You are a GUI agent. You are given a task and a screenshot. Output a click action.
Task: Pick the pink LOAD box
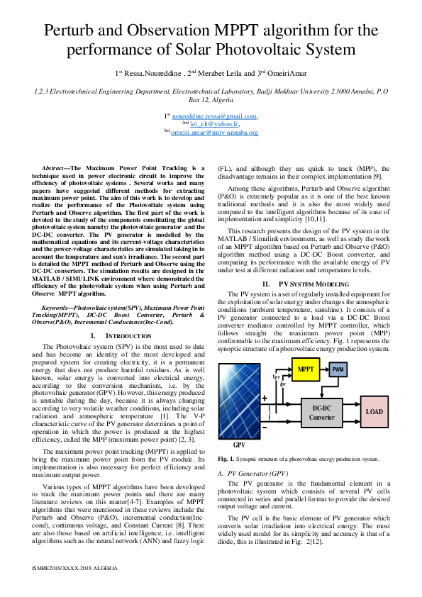coord(374,411)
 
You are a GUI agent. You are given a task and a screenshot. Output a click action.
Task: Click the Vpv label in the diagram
coord(276,375)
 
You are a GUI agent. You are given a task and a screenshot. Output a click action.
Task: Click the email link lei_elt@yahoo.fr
coord(214,124)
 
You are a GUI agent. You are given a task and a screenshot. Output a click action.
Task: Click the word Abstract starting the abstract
coord(56,168)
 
